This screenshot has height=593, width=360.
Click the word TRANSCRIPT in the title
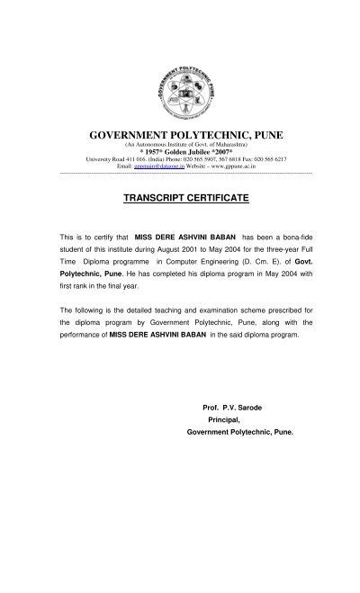click(x=152, y=195)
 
